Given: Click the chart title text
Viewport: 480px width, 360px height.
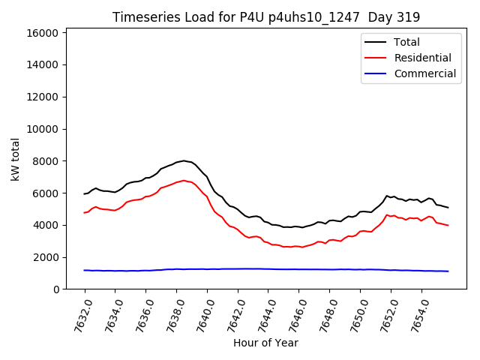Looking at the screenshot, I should coord(266,16).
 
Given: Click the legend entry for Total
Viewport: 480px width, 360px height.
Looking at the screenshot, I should coord(407,42).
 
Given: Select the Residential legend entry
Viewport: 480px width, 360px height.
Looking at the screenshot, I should coord(423,58).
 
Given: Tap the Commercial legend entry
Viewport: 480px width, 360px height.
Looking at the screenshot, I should coord(425,73).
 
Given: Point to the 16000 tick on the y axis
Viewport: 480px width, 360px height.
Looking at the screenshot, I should coord(43,33).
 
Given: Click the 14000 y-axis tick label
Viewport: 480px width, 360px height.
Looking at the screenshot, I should coord(43,65).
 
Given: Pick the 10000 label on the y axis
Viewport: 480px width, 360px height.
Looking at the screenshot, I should coord(43,129).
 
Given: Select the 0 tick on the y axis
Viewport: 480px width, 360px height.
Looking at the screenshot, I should coord(56,289).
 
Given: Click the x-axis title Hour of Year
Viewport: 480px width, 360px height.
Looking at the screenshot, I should coord(266,343).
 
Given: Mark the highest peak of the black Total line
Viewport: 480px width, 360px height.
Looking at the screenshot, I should coord(184,160).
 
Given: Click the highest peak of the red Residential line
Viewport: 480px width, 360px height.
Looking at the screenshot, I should coord(184,180).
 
